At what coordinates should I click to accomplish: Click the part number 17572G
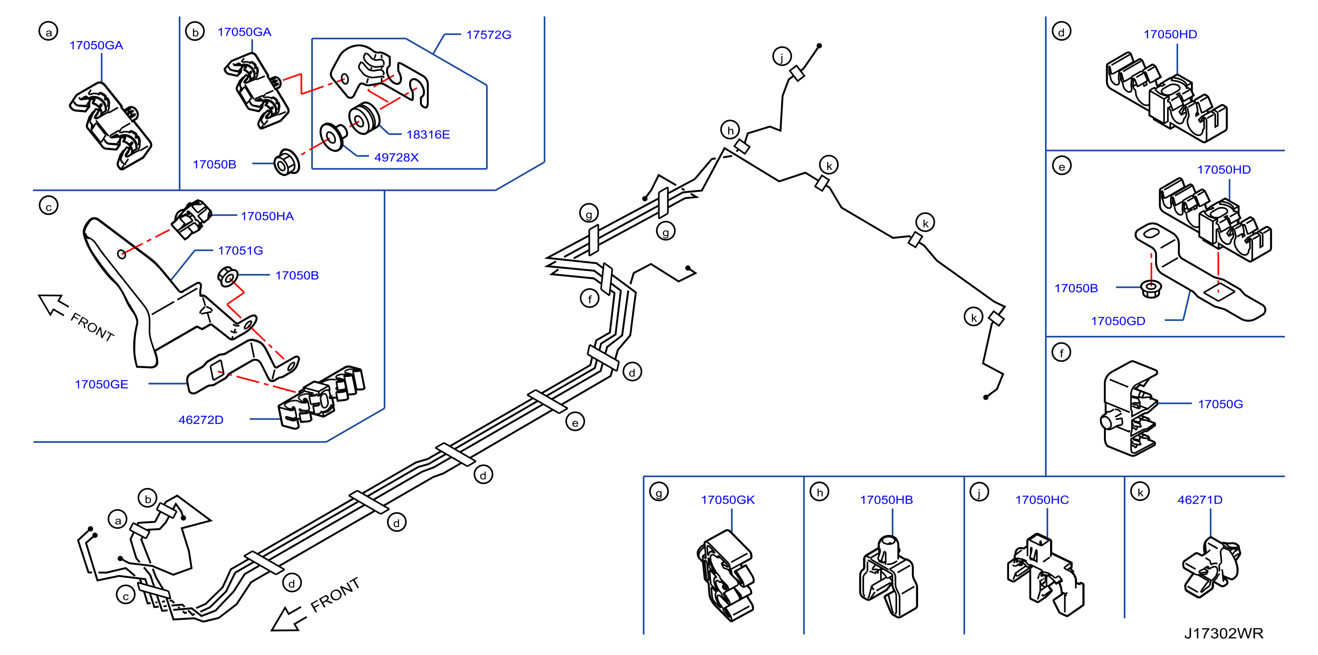[488, 35]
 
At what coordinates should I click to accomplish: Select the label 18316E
[428, 135]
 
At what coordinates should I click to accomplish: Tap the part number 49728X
[396, 157]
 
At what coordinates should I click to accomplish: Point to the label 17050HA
[267, 216]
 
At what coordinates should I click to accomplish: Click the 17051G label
[240, 250]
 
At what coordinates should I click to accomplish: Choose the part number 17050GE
[102, 384]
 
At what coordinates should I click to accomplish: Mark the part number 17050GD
[1118, 321]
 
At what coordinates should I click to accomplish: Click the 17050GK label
[727, 500]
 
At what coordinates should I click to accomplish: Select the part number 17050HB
[886, 500]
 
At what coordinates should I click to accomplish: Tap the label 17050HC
[1041, 500]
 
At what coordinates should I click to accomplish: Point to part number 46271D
[1199, 500]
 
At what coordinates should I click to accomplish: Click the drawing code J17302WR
[1224, 633]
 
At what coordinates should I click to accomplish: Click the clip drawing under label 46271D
[1211, 567]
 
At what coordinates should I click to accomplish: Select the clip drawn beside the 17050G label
[1129, 408]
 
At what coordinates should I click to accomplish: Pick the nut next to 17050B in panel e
[1151, 289]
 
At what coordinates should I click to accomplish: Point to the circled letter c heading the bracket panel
[49, 206]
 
